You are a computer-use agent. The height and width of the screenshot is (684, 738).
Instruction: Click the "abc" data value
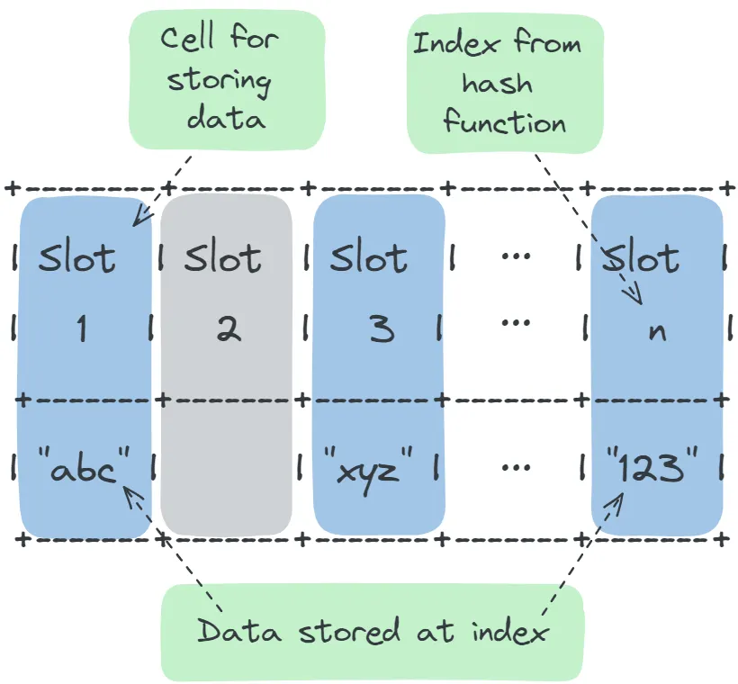coord(85,468)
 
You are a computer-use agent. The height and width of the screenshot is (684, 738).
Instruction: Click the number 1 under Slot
coord(81,330)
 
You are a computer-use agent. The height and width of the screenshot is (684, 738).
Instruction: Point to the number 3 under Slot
coord(381,330)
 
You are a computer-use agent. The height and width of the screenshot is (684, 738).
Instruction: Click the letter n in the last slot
coord(657,331)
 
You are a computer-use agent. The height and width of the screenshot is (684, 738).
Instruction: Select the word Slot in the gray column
coord(223,259)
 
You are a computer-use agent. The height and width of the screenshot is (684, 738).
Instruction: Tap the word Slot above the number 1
coord(77,259)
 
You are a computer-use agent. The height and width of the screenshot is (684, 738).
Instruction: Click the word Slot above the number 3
coord(369,259)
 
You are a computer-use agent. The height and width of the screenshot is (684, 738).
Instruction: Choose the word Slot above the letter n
coord(641,259)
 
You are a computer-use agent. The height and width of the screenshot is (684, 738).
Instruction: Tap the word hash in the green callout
coord(497,83)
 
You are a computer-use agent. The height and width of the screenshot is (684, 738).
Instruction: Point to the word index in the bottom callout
coord(509,631)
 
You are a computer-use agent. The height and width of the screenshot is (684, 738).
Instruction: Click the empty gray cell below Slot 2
coord(227,468)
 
